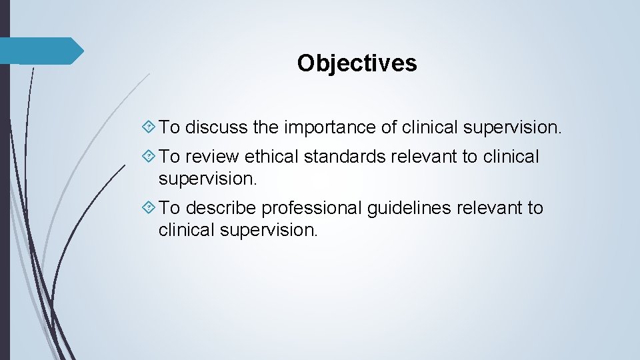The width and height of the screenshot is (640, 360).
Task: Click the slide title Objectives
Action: [x=357, y=63]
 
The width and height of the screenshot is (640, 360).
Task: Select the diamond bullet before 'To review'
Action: [x=150, y=157]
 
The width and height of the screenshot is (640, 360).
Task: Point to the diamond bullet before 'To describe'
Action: [x=150, y=209]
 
